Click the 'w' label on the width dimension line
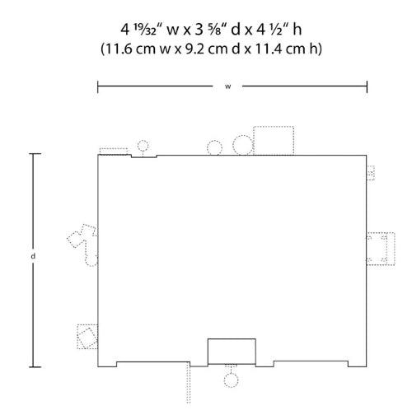pyautogui.click(x=228, y=86)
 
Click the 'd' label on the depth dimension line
pyautogui.click(x=33, y=256)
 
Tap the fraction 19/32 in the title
pyautogui.click(x=145, y=30)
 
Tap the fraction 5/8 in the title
pyautogui.click(x=216, y=30)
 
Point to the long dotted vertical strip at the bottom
pyautogui.click(x=189, y=383)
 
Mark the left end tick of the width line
pyautogui.click(x=98, y=86)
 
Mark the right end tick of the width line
pyautogui.click(x=367, y=86)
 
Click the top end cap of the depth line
pyautogui.click(x=35, y=154)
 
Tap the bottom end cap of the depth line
pyautogui.click(x=35, y=366)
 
